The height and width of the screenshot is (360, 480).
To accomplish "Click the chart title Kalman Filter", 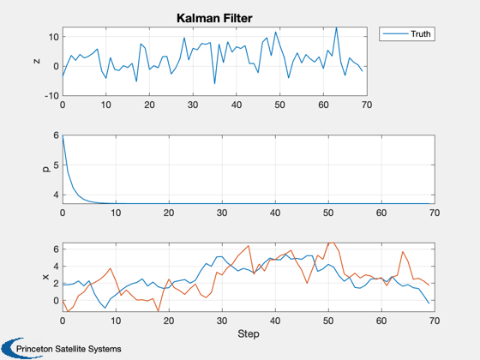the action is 214,18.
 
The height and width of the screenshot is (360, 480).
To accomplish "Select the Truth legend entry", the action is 407,33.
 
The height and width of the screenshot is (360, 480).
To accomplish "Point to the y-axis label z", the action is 37,61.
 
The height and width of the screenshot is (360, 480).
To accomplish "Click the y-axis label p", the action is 46,169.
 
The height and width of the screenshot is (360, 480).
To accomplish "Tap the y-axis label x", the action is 46,277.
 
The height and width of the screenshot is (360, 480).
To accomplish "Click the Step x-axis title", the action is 249,333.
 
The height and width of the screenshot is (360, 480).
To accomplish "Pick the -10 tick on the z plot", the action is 51,95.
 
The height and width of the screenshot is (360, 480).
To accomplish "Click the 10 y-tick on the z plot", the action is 53,37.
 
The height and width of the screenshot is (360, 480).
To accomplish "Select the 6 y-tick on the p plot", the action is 56,135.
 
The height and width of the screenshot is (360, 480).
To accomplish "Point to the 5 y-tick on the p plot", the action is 56,165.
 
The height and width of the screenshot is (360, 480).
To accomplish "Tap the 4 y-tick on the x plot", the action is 56,267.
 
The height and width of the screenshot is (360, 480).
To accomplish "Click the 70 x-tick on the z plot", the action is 367,105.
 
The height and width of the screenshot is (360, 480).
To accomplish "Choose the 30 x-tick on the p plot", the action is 222,213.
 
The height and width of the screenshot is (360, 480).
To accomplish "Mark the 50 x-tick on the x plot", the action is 328,321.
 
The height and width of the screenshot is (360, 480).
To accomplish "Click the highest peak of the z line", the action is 336,27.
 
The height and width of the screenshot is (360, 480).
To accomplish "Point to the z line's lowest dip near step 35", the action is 214,84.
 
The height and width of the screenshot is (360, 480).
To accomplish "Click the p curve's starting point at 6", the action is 63,135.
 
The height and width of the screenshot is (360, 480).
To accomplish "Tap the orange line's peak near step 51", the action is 333,243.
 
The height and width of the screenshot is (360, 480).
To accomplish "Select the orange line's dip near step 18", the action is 159,311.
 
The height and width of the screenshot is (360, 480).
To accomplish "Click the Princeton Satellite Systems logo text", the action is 69,349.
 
